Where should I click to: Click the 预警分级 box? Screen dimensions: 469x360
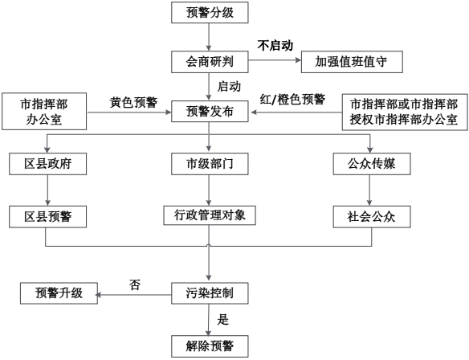[x=210, y=13]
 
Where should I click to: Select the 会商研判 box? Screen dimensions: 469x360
[x=210, y=62]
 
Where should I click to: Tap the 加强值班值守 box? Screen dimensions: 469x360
[x=352, y=62]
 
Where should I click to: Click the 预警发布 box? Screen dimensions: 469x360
[x=210, y=112]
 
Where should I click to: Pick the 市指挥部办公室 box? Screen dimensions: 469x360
[x=44, y=112]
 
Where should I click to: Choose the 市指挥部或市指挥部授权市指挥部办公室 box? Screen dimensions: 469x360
[x=405, y=112]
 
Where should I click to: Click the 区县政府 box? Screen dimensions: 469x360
[x=48, y=164]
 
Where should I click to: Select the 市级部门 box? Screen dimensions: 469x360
[x=210, y=164]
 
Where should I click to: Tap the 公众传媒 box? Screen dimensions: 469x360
[x=372, y=164]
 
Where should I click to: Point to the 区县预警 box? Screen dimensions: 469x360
[x=48, y=217]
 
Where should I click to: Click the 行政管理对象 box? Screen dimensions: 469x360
[x=210, y=215]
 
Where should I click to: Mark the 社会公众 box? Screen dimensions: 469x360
[x=372, y=217]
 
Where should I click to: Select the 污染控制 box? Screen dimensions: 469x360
[x=210, y=293]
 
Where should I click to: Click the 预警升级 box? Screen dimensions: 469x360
[x=59, y=293]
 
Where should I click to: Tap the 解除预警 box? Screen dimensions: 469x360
[x=210, y=346]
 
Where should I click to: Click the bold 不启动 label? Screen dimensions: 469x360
[x=275, y=46]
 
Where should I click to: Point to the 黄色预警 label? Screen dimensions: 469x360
[x=133, y=102]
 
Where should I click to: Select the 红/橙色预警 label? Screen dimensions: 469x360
[x=292, y=100]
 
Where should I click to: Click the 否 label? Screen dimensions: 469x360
[x=135, y=284]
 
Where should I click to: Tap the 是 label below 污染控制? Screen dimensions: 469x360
[x=222, y=320]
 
